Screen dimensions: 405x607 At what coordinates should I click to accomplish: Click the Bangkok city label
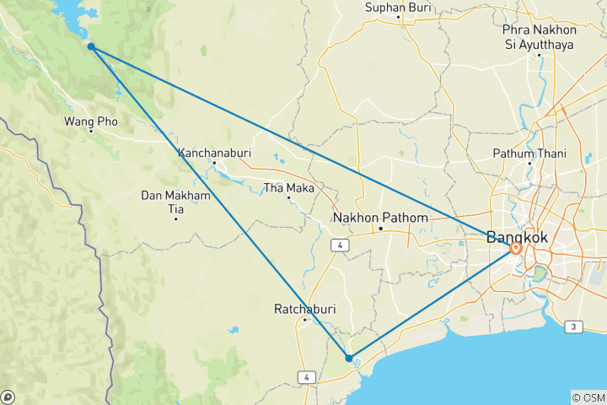(x=517, y=238)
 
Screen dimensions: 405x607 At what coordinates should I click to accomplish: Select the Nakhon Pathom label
(x=380, y=218)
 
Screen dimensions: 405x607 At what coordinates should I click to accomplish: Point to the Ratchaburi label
(x=304, y=310)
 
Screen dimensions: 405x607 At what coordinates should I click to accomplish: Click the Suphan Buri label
(x=398, y=8)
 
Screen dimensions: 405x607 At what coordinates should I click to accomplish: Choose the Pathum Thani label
(x=529, y=154)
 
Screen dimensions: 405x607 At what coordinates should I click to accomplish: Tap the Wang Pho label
(x=90, y=121)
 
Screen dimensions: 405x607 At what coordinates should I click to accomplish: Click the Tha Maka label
(x=288, y=187)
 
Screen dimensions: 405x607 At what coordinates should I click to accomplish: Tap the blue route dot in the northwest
(x=90, y=47)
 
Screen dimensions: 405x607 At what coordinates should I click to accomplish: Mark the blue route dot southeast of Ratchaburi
(x=349, y=358)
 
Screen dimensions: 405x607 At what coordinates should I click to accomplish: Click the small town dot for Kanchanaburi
(x=214, y=163)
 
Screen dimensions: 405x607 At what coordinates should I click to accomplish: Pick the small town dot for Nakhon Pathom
(x=380, y=228)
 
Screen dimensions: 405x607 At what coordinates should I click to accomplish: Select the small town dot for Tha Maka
(x=288, y=197)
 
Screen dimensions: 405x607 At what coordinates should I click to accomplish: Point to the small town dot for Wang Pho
(x=90, y=132)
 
